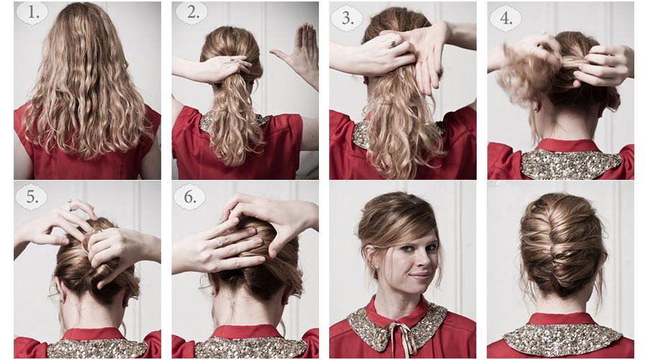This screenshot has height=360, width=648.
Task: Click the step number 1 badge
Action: [32, 12]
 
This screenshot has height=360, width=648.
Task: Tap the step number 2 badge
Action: [192, 12]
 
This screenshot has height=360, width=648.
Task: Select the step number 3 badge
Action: [347, 17]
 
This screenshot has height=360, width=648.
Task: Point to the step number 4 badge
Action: [505, 17]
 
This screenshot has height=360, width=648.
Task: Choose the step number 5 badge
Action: [31, 197]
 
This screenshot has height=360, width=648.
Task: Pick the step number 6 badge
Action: [189, 197]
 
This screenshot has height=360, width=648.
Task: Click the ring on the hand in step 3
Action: [391, 42]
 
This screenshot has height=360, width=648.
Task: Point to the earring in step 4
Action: [536, 108]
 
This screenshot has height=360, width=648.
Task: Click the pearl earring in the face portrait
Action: [376, 267]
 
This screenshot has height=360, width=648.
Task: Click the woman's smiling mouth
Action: [420, 275]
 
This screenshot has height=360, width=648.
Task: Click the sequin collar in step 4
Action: [571, 163]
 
